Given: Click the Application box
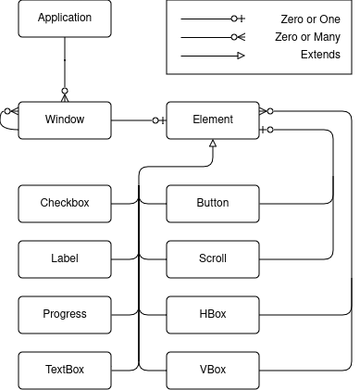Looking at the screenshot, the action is point(65,18).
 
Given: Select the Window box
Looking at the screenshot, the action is point(65,120).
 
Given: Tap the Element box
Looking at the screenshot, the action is point(213,120).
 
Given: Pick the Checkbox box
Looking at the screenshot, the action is point(65,203).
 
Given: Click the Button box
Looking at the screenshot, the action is point(213,203).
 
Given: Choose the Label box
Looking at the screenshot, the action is point(65,258).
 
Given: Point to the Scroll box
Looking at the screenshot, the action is point(213,258).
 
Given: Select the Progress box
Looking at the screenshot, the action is point(65,314).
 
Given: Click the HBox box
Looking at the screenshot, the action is point(213,314).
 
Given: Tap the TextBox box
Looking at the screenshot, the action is point(65,370).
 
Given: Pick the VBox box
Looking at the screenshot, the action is point(213,370).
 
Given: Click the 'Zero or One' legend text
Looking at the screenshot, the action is point(310,19).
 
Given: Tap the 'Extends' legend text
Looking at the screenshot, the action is point(320,55).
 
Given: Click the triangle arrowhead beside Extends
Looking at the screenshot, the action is point(241,56).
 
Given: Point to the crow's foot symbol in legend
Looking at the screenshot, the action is point(239,37).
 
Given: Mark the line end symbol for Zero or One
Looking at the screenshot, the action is point(238,19).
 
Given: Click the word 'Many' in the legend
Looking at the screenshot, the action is point(326,37).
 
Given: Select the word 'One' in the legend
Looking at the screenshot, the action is point(329,19).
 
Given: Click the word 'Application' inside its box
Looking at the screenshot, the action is point(65,18).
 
